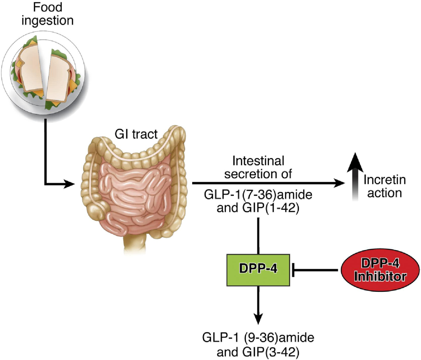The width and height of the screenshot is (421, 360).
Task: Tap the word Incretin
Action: (384, 180)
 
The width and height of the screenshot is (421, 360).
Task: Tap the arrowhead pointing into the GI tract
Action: (69, 183)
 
